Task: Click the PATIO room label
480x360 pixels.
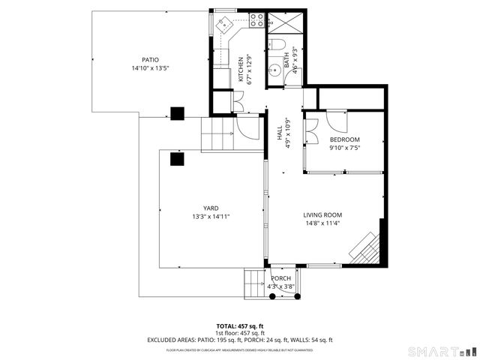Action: click(x=150, y=60)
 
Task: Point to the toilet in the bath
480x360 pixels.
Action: click(x=274, y=44)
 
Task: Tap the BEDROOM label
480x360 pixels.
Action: click(x=345, y=139)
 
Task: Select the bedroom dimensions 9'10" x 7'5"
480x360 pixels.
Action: click(x=345, y=148)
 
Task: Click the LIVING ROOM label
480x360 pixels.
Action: click(x=322, y=215)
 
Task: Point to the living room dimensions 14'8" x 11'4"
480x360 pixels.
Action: click(x=322, y=223)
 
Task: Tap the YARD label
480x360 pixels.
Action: click(x=211, y=208)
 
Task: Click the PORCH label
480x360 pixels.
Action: click(x=280, y=279)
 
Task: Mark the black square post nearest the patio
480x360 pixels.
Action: click(x=178, y=114)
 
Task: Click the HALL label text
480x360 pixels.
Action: click(x=279, y=129)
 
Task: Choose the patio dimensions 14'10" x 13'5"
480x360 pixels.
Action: click(x=150, y=68)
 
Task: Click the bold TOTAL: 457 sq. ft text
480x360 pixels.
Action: click(x=240, y=326)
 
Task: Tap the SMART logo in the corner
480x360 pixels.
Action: click(x=442, y=350)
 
